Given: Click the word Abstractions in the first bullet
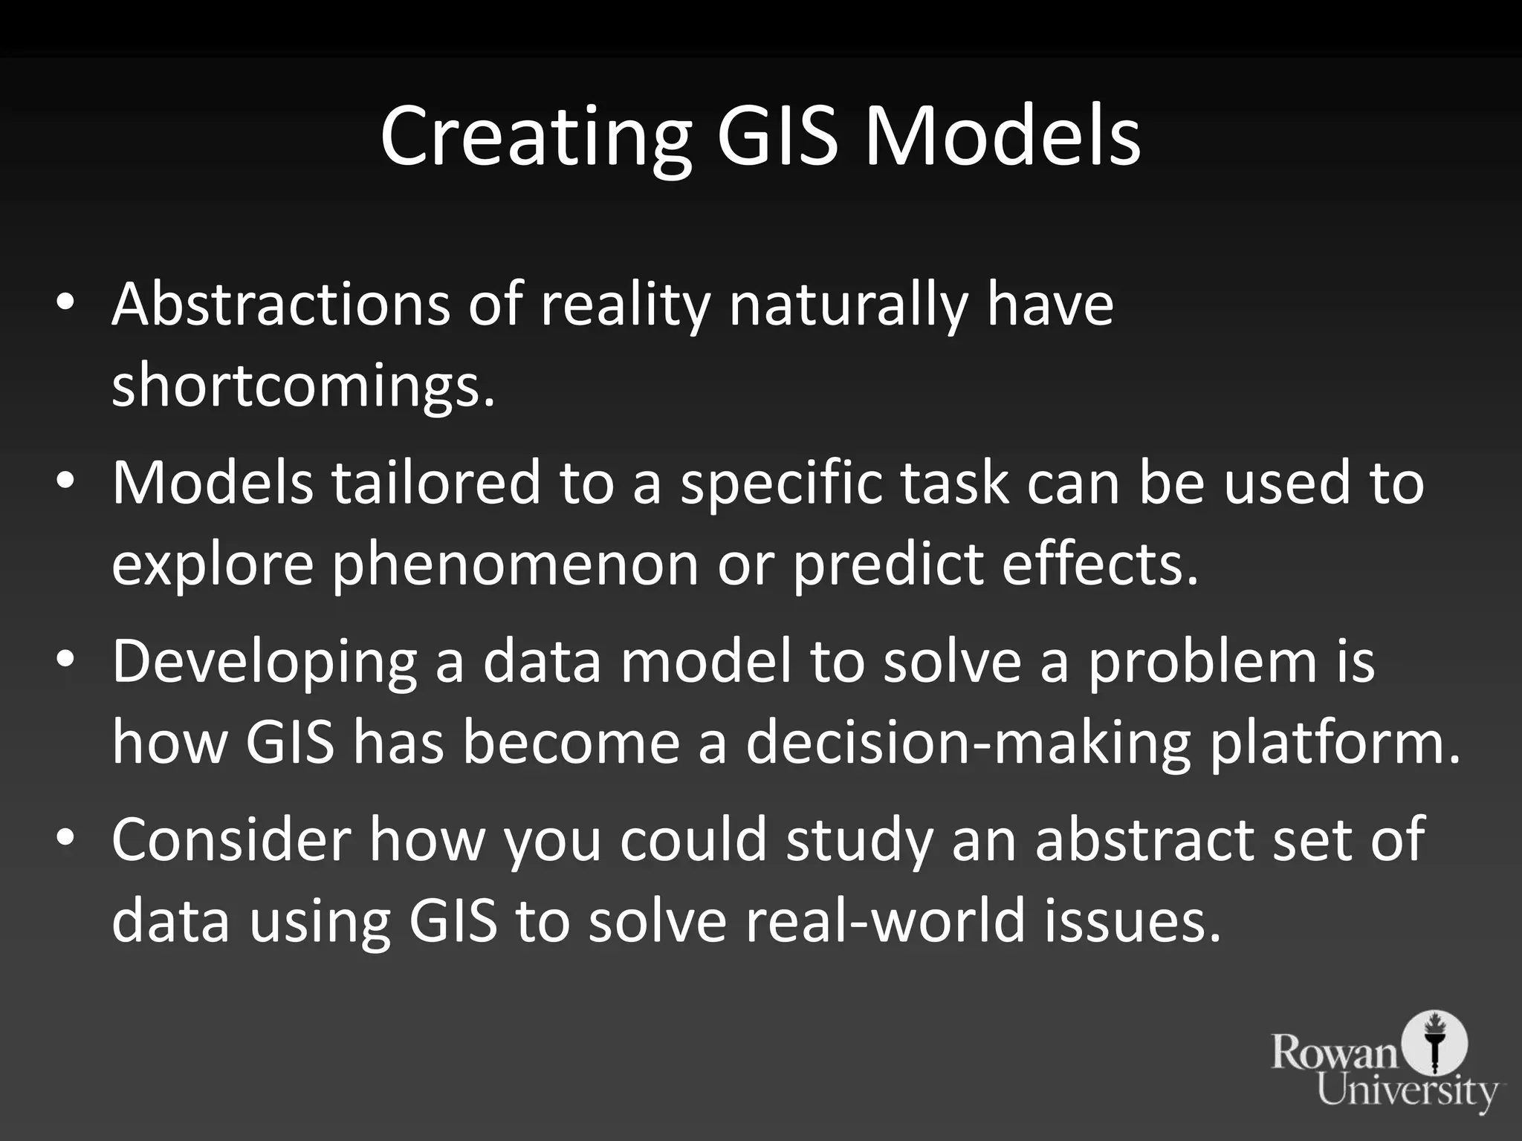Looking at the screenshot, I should (280, 305).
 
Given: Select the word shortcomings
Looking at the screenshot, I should (302, 386).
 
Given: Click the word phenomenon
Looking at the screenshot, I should (515, 565).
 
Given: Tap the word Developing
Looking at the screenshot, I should (265, 661).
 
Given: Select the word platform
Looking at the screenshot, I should (1335, 743).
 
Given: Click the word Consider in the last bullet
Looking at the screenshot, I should (231, 839).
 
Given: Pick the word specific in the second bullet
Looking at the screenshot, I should (781, 483).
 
